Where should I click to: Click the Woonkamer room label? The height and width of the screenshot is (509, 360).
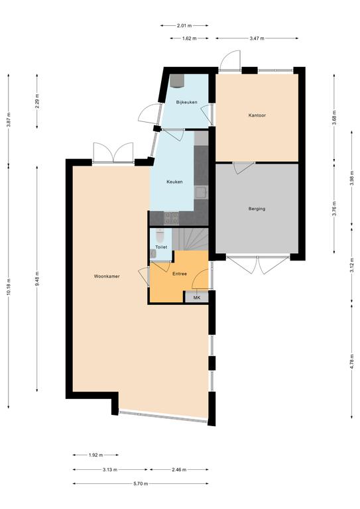point(107,276)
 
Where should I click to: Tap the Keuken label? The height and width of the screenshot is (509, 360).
point(174,182)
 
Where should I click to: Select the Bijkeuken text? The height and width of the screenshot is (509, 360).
point(187,102)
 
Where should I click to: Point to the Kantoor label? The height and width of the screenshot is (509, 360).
point(257,115)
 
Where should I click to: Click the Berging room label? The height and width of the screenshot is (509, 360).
point(257,209)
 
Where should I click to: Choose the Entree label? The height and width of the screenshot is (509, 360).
point(180,274)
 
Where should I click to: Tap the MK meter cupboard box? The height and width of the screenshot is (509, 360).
point(196,298)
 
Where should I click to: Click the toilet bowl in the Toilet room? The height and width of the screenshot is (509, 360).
point(160,235)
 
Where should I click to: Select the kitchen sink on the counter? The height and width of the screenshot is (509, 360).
point(201,192)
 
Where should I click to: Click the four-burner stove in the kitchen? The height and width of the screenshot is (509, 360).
point(171,218)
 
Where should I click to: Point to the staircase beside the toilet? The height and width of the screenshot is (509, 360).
point(190,239)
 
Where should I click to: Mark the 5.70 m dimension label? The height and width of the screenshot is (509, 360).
point(141,484)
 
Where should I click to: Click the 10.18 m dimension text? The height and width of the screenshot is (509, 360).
point(9,287)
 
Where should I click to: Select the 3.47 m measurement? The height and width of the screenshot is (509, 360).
point(257,38)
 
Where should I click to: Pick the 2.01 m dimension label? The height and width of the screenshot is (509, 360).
point(184,25)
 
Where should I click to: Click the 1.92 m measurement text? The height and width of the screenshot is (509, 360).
point(95,455)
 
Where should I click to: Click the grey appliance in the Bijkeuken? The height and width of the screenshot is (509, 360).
point(177,81)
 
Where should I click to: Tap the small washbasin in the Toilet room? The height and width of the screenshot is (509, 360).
point(154,254)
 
